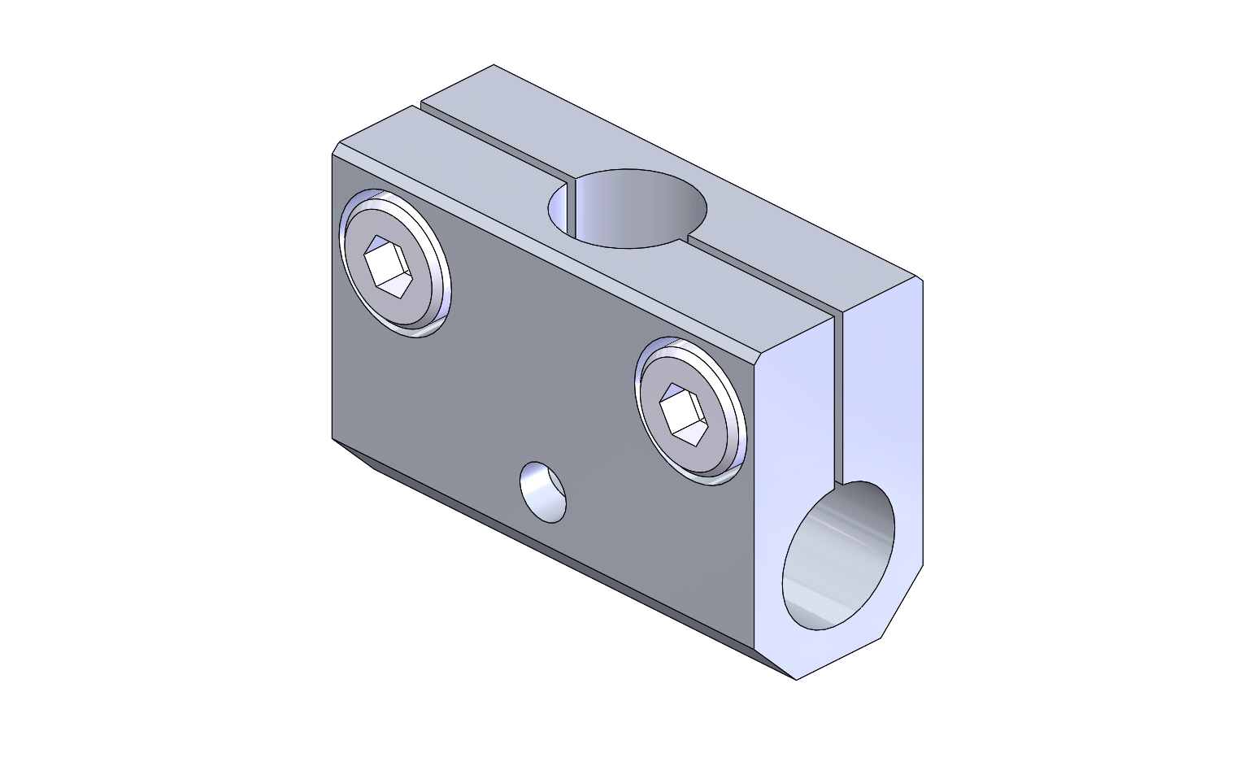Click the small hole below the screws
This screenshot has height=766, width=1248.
543,493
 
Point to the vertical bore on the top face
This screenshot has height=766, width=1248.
628,208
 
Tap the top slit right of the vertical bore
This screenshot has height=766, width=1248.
760,276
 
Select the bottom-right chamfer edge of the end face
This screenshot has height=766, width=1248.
902,602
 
